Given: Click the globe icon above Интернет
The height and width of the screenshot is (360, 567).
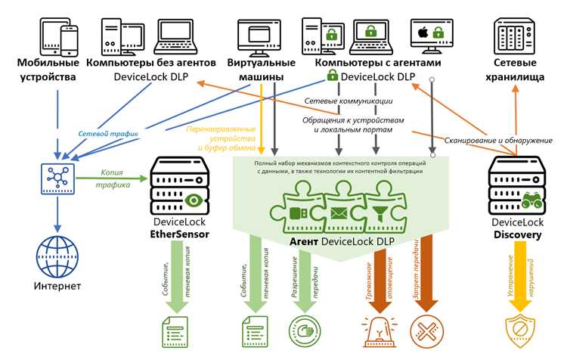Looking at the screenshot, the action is [57, 256].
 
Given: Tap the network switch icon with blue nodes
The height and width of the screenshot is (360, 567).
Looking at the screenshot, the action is [58, 178].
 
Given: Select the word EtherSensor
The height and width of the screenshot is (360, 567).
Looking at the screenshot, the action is [179, 234].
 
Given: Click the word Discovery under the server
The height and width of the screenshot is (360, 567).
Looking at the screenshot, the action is [517, 234].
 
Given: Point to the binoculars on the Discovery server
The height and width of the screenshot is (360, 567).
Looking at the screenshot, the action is [531, 200].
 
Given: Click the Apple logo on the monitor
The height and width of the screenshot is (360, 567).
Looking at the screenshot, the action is [423, 33].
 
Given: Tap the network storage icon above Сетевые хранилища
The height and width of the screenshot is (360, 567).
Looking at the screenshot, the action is [515, 36].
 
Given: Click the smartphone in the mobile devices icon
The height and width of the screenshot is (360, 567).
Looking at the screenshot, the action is [69, 41].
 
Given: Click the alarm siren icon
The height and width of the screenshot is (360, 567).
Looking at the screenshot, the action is [380, 331].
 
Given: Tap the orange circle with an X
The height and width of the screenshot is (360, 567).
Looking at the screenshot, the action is [426, 331].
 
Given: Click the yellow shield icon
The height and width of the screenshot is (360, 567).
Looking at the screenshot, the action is [519, 331].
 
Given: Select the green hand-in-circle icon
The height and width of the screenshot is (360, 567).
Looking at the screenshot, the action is [305, 331].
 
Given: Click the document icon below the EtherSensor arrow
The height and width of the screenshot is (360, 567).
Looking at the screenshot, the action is [175, 332].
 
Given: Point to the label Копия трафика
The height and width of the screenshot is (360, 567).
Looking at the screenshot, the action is [113, 178].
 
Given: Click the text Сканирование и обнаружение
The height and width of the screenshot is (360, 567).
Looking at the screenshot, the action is [498, 141].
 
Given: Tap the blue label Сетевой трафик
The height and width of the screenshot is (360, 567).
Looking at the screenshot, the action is [108, 134].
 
